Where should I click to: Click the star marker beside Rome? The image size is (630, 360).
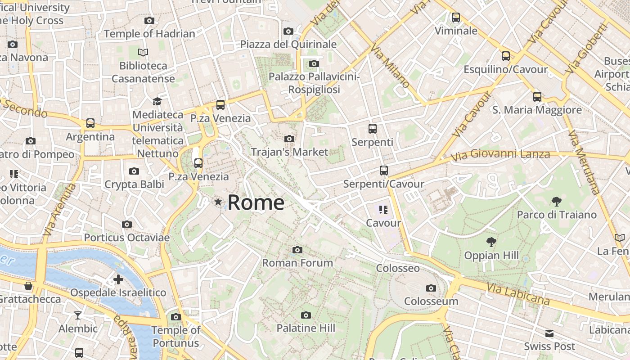coord(218,202)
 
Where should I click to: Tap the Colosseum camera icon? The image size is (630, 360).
coord(431,288)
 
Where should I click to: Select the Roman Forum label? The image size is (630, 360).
coord(297,263)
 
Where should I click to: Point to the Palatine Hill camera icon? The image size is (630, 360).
coord(306,315)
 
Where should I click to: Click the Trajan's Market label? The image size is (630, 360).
coord(289,152)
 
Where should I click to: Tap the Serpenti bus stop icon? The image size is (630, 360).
coord(373,129)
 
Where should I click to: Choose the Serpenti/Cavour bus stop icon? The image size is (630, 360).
coord(383,171)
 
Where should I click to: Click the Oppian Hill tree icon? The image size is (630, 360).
coord(491,242)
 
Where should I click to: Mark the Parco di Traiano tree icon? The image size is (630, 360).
coord(557,201)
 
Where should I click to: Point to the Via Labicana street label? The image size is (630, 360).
coord(518,293)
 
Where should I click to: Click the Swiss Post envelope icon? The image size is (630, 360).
coord(549,333)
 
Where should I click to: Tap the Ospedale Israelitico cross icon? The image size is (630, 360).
coord(118,279)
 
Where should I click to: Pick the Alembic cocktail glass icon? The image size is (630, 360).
coord(78,315)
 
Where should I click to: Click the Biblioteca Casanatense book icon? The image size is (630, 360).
coord(143,53)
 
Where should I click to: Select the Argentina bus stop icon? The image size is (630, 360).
coord(90,123)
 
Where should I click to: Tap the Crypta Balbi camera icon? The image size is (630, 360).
coord(134,171)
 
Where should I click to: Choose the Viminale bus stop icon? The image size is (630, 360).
coord(456,18)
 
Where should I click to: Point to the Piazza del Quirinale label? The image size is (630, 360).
coord(288,44)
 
